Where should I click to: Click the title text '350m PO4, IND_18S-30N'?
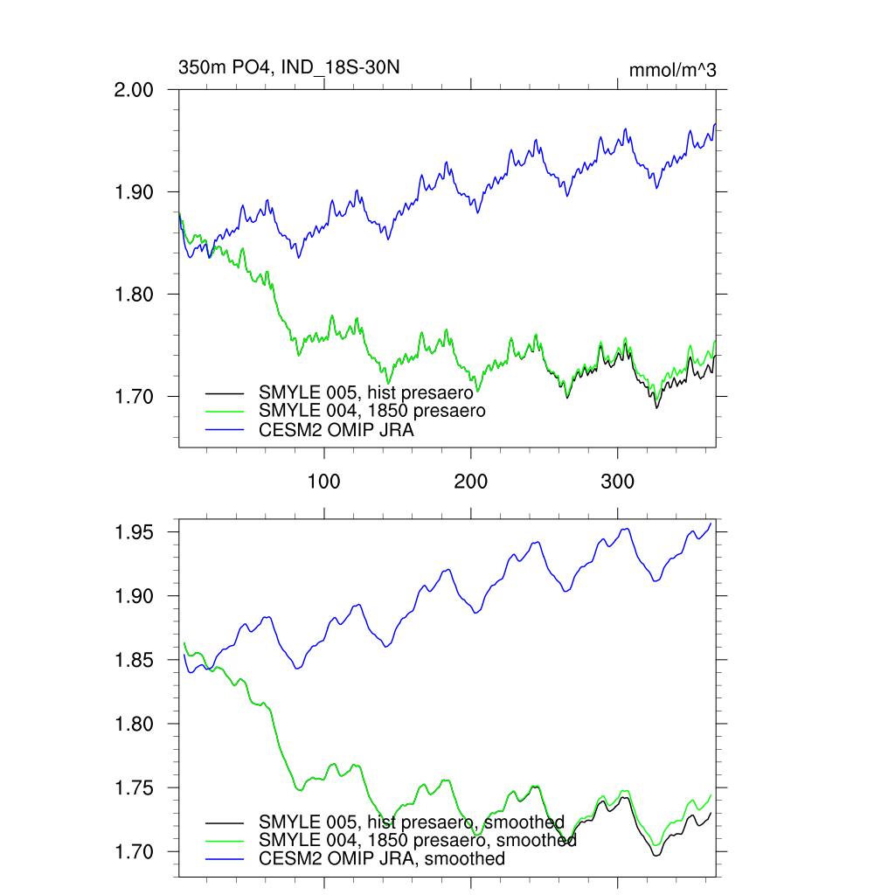point(289,67)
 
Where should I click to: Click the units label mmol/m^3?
point(672,71)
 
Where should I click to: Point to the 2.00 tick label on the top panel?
point(135,89)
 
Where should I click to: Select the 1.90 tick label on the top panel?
point(135,191)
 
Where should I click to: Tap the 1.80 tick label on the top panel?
point(135,294)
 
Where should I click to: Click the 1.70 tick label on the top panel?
point(135,396)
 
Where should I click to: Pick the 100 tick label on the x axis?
point(324,482)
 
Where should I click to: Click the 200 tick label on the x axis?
point(471,482)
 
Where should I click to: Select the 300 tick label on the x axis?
point(618,482)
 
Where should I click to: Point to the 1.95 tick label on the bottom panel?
point(135,532)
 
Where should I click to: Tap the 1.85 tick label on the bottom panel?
point(135,660)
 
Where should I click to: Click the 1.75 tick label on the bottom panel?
point(135,787)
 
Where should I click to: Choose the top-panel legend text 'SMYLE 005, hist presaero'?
point(365,392)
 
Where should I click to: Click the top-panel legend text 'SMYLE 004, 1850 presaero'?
point(371,410)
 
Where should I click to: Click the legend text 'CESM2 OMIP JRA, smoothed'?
point(381,858)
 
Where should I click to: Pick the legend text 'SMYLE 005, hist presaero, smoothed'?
point(411,822)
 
